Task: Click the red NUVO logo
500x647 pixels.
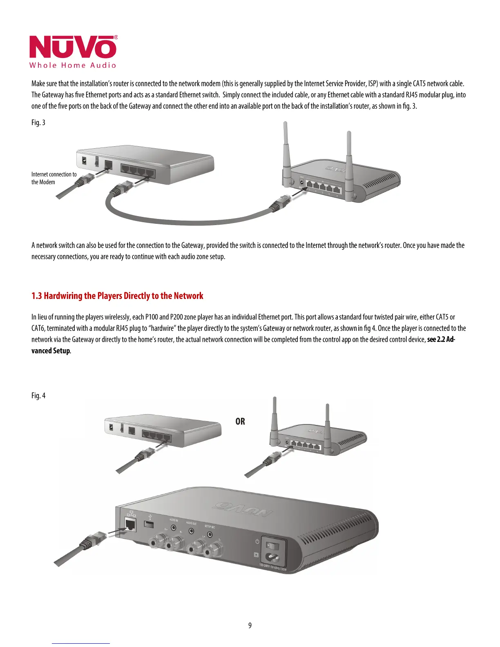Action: [73, 47]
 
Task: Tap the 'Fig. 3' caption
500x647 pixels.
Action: [38, 123]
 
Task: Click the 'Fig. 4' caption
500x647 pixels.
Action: [38, 395]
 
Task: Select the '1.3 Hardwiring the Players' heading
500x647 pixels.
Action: [117, 296]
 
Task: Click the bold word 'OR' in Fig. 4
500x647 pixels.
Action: [240, 421]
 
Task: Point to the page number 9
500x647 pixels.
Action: [250, 625]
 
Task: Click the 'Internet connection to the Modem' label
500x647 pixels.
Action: [54, 178]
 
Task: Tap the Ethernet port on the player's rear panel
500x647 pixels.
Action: [131, 524]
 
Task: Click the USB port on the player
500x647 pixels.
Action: [150, 524]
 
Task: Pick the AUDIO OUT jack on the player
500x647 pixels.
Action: [191, 531]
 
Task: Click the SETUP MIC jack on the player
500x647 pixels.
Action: [210, 534]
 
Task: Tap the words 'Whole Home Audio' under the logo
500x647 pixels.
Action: [73, 65]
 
